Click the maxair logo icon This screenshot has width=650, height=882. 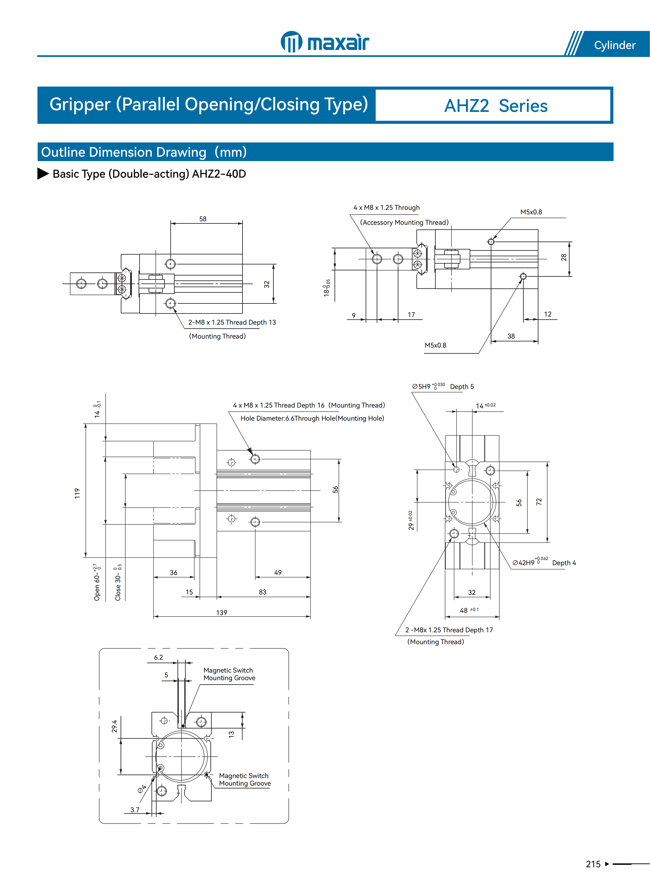tap(291, 42)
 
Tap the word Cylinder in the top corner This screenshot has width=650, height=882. tap(615, 45)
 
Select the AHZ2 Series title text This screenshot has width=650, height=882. tap(496, 106)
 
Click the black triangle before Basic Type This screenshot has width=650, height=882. tap(43, 174)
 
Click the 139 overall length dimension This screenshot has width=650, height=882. tap(222, 612)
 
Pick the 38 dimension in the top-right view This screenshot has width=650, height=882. tap(511, 336)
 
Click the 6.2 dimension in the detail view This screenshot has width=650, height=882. tap(158, 657)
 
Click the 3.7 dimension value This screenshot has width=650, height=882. tap(135, 810)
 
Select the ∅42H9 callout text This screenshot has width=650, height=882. tap(523, 562)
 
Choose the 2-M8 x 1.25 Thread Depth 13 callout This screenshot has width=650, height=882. tap(232, 322)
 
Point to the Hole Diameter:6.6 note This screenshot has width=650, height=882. tap(312, 418)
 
